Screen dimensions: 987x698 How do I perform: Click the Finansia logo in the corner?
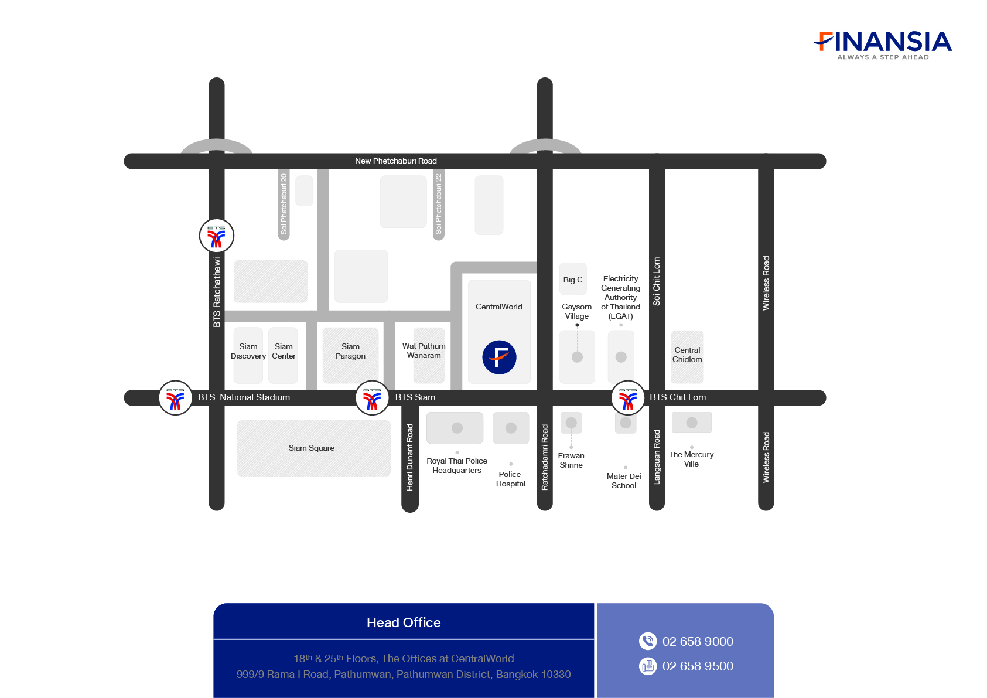[883, 45]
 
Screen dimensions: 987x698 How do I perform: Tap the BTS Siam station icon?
[372, 398]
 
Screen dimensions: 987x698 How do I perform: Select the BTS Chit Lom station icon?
[628, 398]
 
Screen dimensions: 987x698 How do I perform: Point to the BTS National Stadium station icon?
[175, 398]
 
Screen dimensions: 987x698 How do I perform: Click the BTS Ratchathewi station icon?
[216, 236]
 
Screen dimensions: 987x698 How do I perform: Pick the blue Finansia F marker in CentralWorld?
[499, 357]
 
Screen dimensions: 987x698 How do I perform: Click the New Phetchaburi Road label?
[396, 161]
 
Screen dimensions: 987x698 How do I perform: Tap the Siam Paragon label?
[350, 352]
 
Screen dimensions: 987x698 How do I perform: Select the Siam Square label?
[312, 448]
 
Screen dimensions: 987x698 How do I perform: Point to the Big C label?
[573, 280]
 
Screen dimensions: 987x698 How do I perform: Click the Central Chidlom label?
[687, 355]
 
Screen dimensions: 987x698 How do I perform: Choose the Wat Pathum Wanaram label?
[424, 351]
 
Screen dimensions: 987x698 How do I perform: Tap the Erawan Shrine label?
[571, 460]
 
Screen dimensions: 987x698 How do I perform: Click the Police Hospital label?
[510, 479]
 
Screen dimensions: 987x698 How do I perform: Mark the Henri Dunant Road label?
[410, 458]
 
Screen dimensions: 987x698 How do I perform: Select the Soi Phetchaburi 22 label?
[438, 204]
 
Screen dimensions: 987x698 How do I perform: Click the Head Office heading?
[404, 622]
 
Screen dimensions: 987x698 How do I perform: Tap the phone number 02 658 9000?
[698, 642]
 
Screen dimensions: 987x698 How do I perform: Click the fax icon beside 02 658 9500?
[648, 666]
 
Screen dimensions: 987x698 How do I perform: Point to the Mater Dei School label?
[624, 481]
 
